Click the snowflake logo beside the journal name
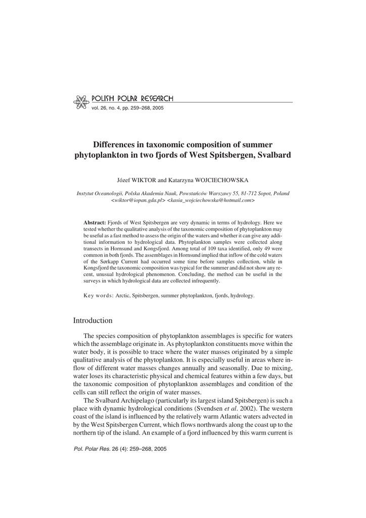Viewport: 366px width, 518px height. pos(81,102)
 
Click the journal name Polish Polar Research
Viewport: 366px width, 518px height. pos(132,98)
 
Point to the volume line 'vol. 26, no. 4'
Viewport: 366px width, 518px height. pos(111,108)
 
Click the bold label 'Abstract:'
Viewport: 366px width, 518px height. pos(95,223)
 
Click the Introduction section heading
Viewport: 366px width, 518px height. pos(93,320)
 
